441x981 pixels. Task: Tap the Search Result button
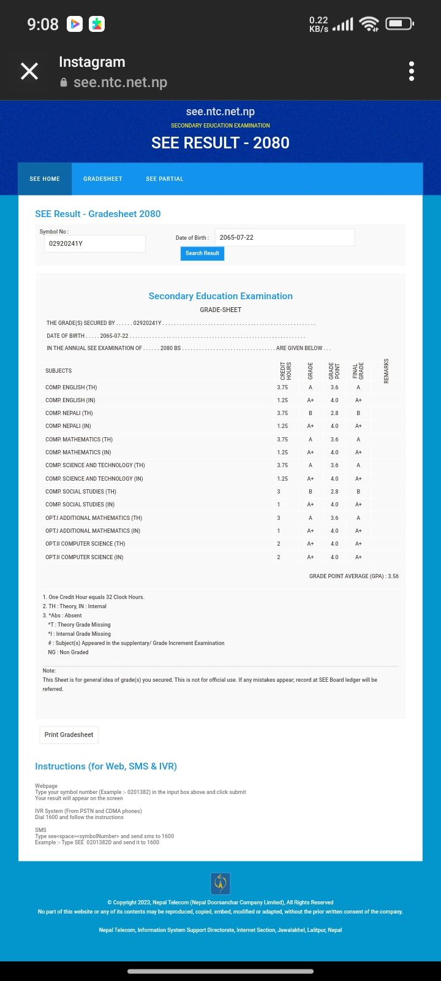202,253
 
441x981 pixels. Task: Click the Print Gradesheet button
69,735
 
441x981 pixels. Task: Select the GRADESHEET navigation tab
103,179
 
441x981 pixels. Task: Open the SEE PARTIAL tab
165,179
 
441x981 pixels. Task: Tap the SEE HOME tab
45,179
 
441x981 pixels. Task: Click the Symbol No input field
94,243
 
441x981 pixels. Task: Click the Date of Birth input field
284,237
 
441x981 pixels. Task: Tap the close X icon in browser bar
29,71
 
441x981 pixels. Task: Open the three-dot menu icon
412,71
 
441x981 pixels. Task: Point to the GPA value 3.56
393,576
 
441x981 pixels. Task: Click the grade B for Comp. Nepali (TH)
311,413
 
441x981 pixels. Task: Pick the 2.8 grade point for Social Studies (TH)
334,492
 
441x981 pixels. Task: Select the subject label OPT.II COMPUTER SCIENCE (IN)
84,557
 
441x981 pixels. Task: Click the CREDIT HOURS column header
285,371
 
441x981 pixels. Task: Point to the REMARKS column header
386,371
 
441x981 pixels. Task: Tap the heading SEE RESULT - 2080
221,143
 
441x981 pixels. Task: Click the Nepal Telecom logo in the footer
221,884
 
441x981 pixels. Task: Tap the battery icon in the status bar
399,24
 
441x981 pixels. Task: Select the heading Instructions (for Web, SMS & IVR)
106,766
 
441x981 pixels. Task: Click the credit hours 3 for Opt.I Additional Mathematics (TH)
279,518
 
